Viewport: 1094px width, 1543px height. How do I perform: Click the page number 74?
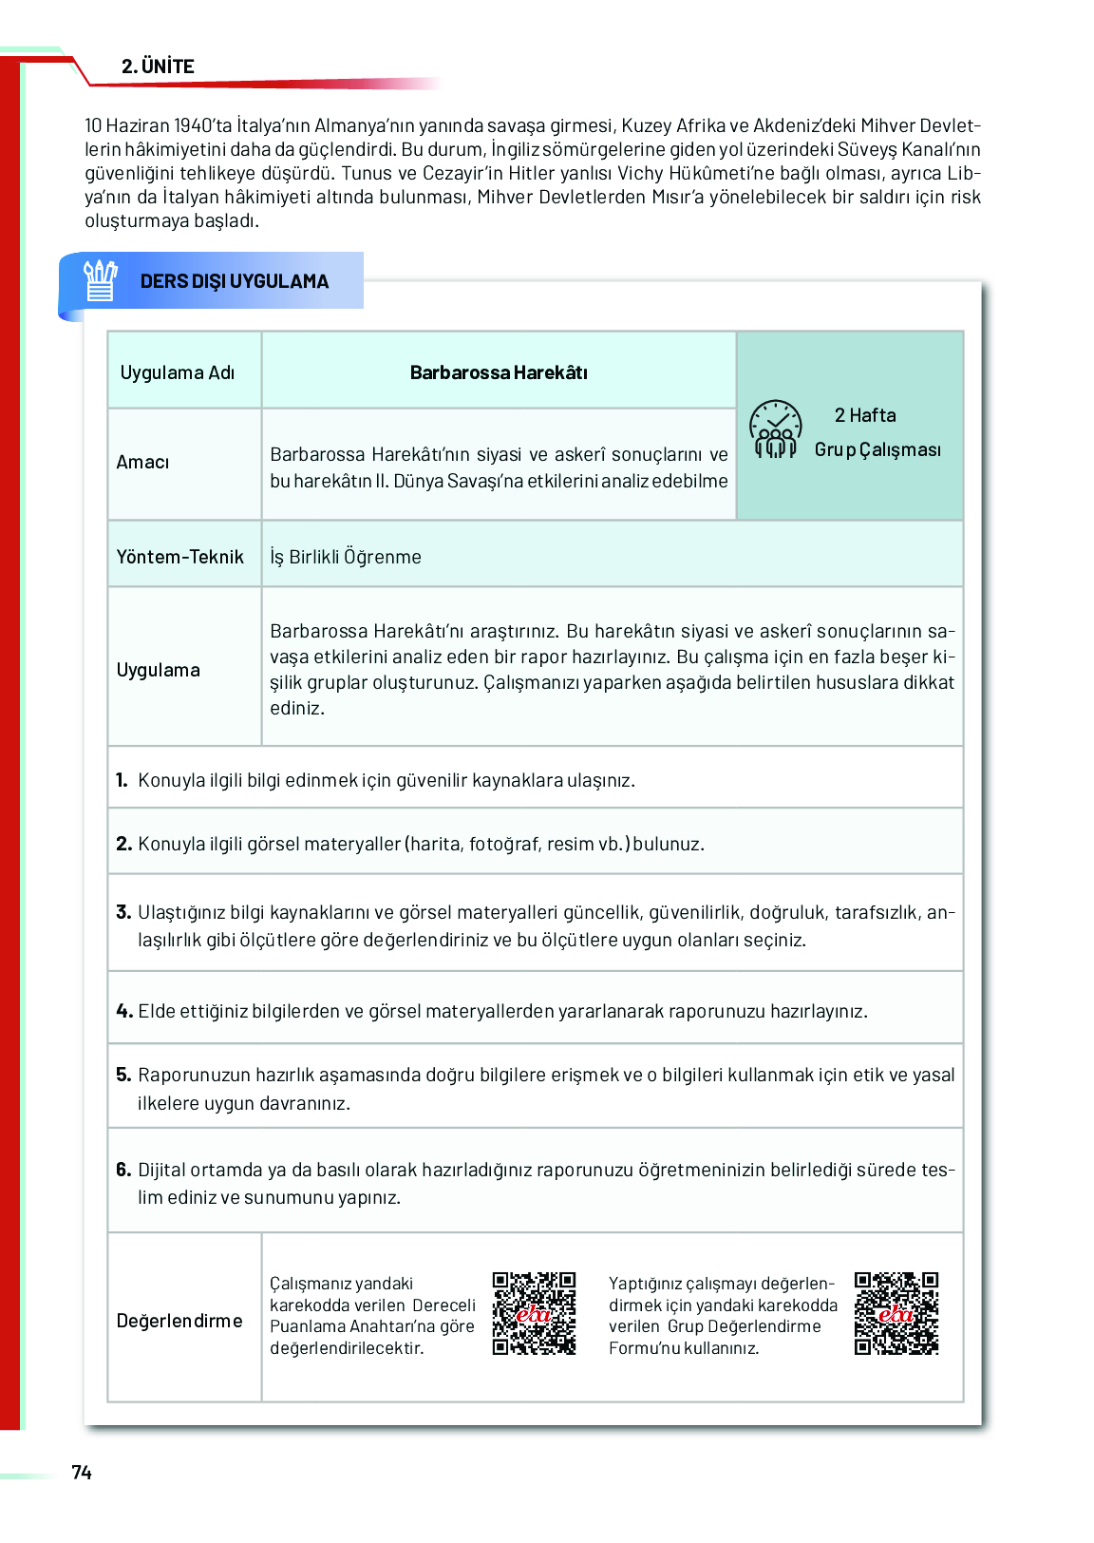82,1472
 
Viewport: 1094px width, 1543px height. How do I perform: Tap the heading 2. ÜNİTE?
158,67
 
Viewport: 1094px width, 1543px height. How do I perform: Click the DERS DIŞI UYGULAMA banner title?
234,281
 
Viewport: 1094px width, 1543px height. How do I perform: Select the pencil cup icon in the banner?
100,280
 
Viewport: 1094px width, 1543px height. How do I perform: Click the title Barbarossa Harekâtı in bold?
499,372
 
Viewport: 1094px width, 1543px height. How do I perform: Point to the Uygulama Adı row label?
177,372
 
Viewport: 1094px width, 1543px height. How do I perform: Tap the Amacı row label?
142,463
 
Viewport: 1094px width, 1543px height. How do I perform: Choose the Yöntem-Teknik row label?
179,557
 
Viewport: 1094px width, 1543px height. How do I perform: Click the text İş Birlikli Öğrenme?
346,557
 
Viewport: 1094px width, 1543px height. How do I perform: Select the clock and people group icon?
776,429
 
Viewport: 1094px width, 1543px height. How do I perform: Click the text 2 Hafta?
865,415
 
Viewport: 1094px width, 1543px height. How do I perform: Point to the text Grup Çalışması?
877,449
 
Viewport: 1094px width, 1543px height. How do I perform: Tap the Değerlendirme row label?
179,1321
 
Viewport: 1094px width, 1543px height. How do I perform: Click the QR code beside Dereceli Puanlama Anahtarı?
534,1313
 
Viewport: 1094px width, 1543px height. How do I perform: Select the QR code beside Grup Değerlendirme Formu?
896,1313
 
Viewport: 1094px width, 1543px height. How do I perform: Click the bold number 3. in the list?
123,912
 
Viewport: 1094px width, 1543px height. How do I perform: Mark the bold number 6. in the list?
123,1170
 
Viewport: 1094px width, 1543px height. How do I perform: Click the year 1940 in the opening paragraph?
193,125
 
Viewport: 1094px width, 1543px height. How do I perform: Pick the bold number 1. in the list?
122,780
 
